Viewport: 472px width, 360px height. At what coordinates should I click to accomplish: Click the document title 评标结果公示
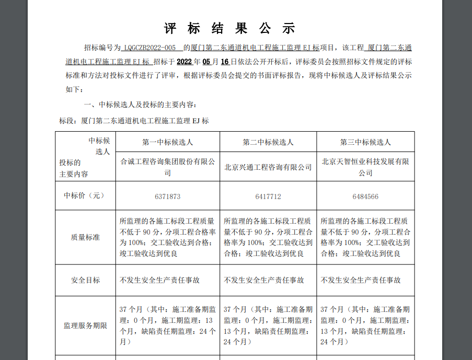(x=229, y=28)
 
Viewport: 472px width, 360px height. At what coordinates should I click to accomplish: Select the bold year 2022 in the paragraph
(x=185, y=61)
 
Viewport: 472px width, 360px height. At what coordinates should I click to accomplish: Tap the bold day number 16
(x=225, y=61)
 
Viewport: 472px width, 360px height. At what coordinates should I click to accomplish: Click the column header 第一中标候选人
(x=167, y=142)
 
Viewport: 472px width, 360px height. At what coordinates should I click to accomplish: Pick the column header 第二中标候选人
(x=268, y=142)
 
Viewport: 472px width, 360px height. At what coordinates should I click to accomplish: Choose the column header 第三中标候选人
(x=365, y=142)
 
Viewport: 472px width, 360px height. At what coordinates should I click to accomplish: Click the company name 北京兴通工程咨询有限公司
(x=268, y=167)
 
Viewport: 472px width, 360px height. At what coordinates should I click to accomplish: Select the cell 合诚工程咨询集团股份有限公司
(x=167, y=167)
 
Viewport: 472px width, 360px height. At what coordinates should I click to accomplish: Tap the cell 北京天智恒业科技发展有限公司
(x=365, y=167)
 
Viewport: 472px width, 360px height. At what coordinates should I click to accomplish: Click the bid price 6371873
(x=167, y=196)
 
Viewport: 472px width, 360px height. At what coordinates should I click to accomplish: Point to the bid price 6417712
(x=268, y=196)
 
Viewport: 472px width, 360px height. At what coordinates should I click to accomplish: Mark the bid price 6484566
(x=365, y=196)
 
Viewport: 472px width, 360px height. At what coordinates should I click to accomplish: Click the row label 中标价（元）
(x=85, y=196)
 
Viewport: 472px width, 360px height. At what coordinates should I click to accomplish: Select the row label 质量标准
(x=85, y=237)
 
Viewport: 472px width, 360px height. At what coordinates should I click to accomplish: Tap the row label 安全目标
(x=85, y=280)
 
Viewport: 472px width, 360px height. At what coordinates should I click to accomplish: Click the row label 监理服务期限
(x=85, y=326)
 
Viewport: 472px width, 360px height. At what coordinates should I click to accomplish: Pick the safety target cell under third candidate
(x=361, y=280)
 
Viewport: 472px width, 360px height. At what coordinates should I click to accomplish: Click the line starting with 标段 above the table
(x=134, y=121)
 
